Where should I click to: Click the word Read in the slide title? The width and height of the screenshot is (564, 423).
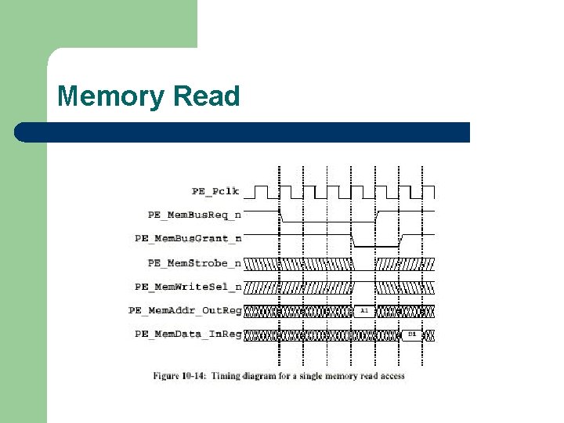pos(206,97)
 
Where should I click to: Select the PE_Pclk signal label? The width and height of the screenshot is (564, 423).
pos(216,190)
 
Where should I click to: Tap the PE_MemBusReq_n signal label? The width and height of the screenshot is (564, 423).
pos(195,215)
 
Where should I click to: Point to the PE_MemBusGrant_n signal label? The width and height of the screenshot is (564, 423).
pos(188,238)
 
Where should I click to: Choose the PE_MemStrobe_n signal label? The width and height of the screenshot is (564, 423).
pos(195,263)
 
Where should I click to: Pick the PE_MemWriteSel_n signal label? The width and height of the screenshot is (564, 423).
pos(188,287)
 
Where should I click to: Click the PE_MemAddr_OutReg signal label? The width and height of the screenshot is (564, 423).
pos(185,311)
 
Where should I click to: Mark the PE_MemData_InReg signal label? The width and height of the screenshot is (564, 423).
pos(188,334)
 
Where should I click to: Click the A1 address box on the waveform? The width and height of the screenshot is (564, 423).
pos(364,311)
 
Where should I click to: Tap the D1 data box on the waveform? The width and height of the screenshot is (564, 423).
pos(412,334)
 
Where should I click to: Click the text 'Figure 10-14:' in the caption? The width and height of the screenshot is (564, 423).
pos(177,376)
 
